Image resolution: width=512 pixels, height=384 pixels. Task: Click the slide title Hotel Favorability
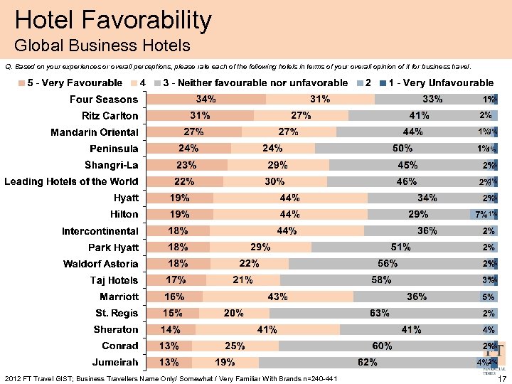point(113,20)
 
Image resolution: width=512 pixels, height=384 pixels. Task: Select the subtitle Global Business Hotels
point(102,46)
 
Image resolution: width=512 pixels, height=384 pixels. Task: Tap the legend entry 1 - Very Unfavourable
point(437,83)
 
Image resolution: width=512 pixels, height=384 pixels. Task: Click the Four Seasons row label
point(103,100)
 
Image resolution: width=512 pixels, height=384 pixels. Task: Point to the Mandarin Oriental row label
point(94,132)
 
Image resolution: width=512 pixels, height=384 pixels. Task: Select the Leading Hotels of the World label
point(71,181)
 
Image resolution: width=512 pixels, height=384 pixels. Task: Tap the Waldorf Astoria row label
point(96,264)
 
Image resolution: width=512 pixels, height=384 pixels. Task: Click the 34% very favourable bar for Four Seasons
point(206,100)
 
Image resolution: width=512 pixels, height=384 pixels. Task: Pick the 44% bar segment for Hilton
point(290,214)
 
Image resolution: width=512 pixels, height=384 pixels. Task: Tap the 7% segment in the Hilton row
point(480,214)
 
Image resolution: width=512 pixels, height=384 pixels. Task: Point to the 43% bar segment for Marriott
point(277,297)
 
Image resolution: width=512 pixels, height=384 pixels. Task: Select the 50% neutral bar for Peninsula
point(402,149)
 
